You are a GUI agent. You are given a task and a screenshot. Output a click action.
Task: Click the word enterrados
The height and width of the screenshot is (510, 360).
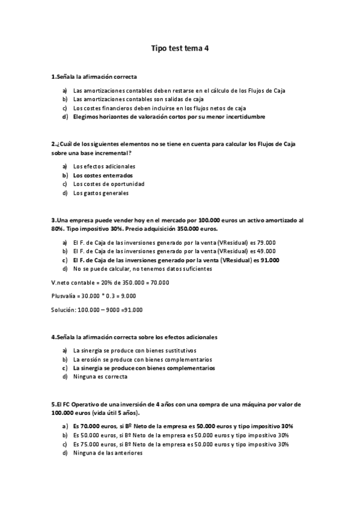pyautogui.click(x=117, y=175)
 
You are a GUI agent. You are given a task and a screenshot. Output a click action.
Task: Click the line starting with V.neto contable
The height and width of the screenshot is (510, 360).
pyautogui.click(x=110, y=283)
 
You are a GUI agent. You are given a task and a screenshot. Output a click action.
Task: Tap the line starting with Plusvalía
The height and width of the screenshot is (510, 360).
pyautogui.click(x=93, y=296)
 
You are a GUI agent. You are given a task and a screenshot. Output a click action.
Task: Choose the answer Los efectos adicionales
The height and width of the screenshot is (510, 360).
pyautogui.click(x=104, y=166)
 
